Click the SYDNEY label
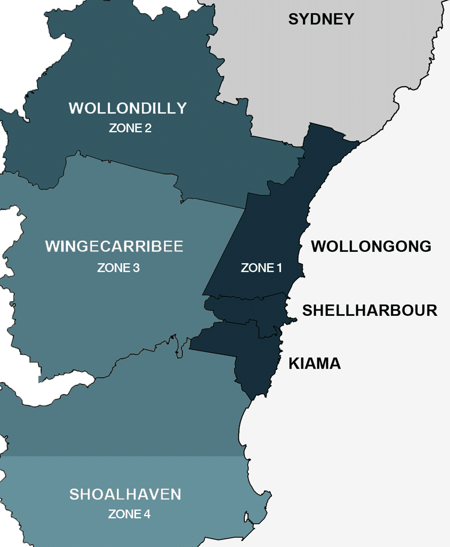(321, 20)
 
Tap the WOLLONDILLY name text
(127, 108)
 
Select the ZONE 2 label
(130, 128)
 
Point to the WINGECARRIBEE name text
(114, 247)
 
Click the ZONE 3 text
(118, 267)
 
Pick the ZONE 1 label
(261, 268)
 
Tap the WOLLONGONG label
(371, 247)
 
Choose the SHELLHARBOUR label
(369, 311)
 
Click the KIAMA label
(315, 364)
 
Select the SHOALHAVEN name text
(125, 494)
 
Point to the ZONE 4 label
(129, 515)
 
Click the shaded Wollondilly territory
(107, 64)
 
